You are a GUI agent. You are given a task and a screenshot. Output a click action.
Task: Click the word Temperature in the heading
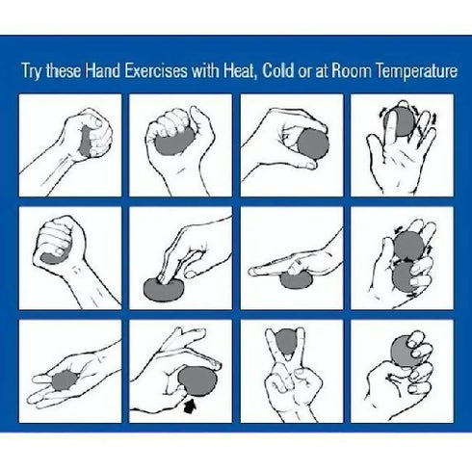411,71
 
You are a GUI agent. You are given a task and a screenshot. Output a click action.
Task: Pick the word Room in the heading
354,71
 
